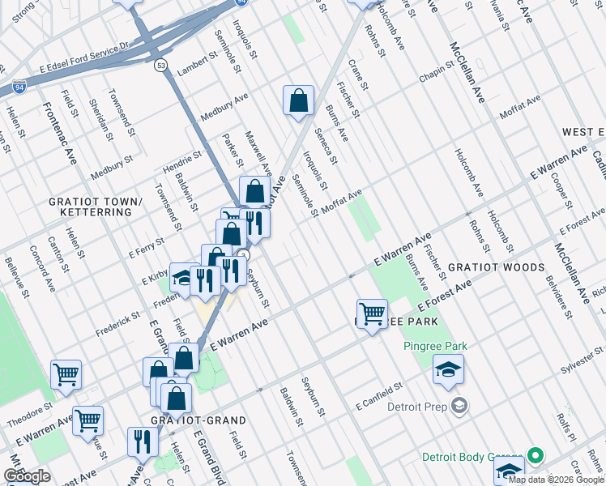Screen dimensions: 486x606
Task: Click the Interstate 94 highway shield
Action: (x=18, y=85)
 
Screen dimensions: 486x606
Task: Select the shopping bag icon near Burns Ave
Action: (x=298, y=101)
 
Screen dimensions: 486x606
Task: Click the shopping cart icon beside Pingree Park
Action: (x=372, y=313)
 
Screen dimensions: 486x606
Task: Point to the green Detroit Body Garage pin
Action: (x=534, y=457)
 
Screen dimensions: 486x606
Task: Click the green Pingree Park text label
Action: (x=436, y=347)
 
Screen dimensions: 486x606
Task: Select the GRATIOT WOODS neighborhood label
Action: (x=497, y=267)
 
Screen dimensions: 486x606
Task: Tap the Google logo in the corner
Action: (x=28, y=476)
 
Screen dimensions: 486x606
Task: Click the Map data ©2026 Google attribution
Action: (x=556, y=480)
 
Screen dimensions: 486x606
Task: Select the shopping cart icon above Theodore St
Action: (x=66, y=375)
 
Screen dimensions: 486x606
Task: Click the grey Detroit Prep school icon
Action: (x=459, y=405)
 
